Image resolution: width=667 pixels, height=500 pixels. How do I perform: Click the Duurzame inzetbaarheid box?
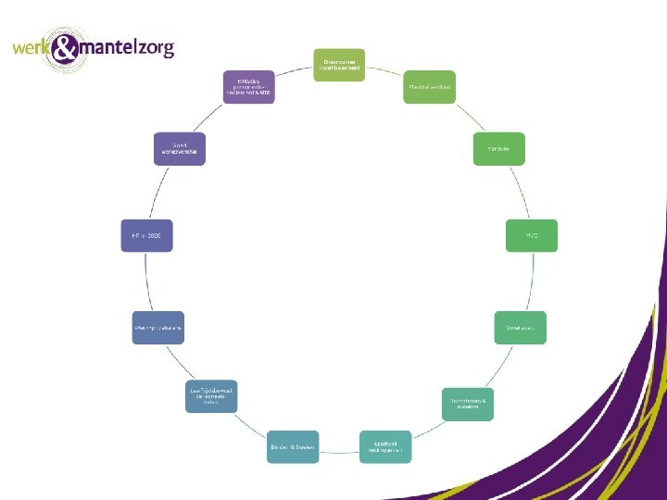tap(339, 65)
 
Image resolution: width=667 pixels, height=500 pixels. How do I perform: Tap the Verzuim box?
tap(498, 149)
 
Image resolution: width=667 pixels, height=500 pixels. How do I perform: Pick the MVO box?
tap(531, 235)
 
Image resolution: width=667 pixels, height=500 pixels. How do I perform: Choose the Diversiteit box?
tap(520, 328)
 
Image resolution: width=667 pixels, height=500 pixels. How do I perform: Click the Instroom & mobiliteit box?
tap(468, 404)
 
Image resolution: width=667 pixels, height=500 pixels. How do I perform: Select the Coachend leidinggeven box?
tap(385, 447)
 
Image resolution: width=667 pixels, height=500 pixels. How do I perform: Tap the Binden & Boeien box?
tap(293, 447)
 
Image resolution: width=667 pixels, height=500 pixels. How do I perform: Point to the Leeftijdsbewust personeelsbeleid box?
tap(211, 396)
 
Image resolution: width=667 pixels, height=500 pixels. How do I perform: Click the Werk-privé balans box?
tap(158, 328)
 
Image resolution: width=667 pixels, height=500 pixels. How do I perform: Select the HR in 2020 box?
tap(146, 235)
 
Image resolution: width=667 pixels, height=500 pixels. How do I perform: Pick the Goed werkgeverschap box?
tap(180, 148)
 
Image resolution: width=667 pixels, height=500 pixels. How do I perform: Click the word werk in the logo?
tap(32, 47)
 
